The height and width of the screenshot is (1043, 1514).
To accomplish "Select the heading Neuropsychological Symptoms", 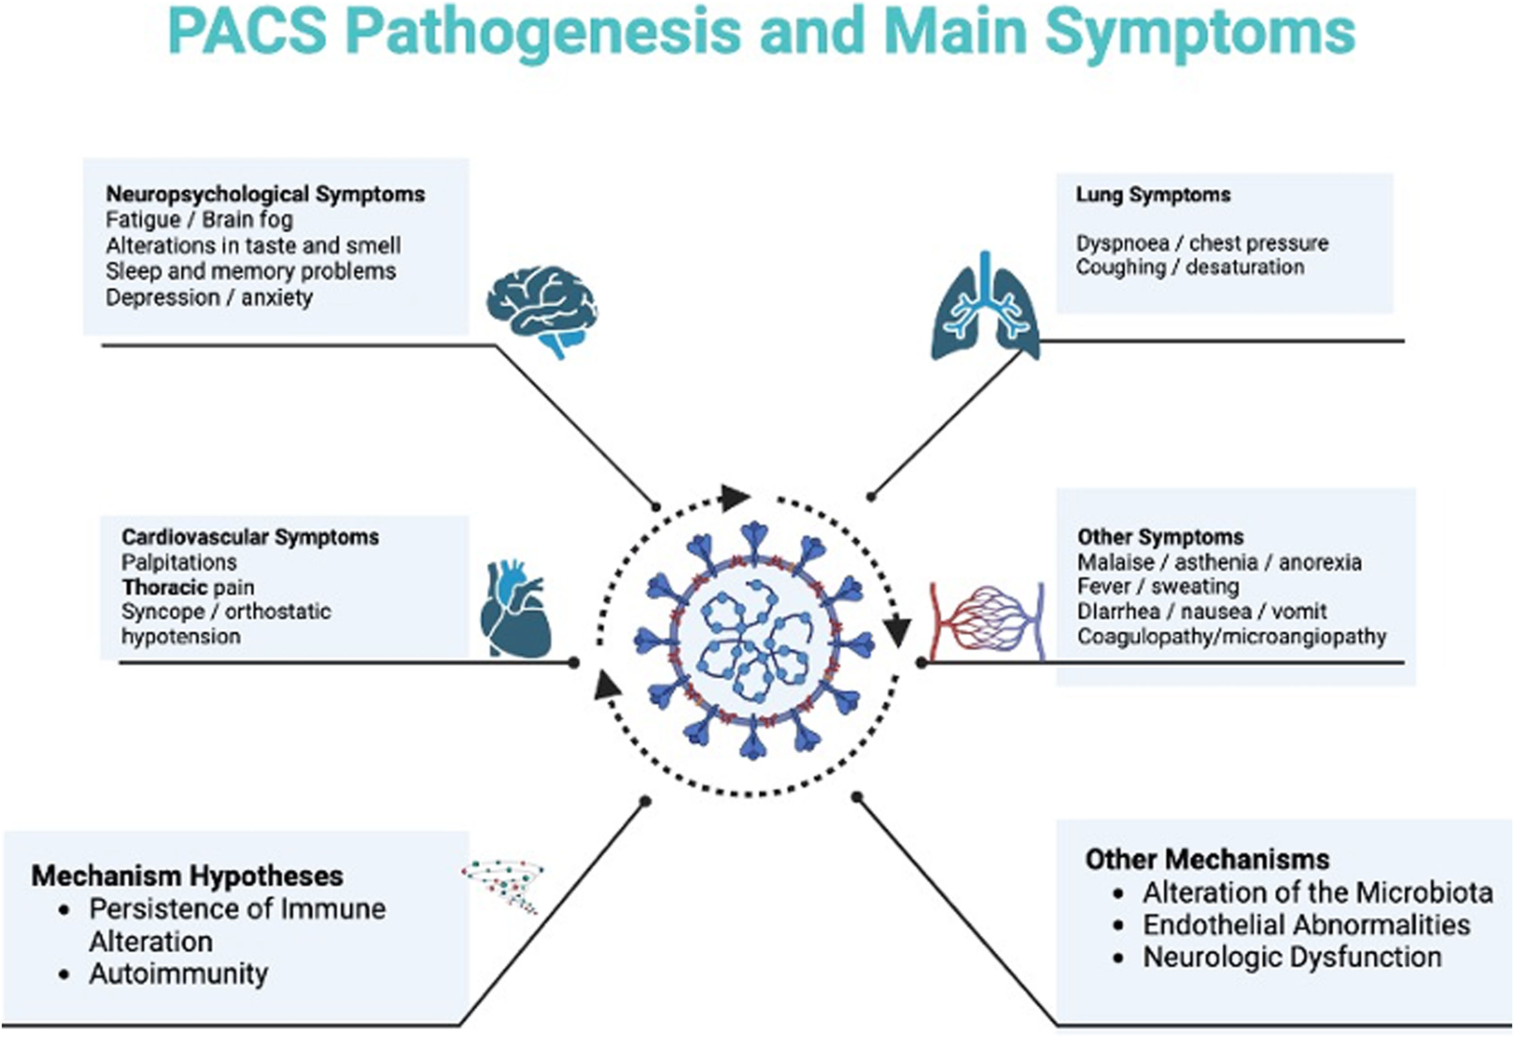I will click(x=266, y=194).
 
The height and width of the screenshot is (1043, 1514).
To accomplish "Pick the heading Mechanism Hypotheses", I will click(x=188, y=876).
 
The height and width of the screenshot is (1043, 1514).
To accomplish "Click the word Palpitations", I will click(x=179, y=562).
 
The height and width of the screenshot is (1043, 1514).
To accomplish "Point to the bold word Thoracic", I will click(x=164, y=587).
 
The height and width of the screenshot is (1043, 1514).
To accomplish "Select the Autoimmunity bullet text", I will click(x=179, y=974).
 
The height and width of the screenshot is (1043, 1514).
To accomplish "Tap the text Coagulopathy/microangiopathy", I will click(x=1232, y=636).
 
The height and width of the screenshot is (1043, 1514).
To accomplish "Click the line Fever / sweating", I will click(x=1158, y=586).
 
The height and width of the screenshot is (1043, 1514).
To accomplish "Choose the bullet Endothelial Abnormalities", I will click(x=1306, y=925).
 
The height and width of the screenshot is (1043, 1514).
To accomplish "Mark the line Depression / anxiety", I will click(x=209, y=298).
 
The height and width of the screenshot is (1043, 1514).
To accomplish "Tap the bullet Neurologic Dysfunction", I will click(x=1292, y=957).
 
